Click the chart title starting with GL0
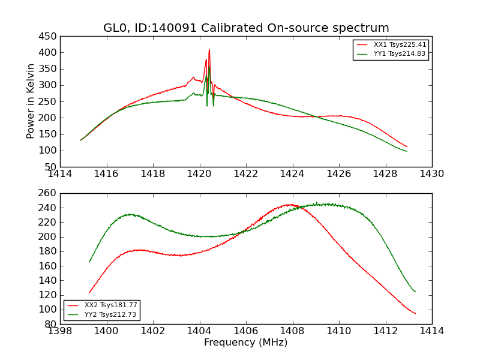point(246,28)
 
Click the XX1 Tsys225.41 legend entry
point(399,44)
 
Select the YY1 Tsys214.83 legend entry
point(399,53)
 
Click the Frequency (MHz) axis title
point(246,343)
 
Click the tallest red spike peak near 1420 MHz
point(209,50)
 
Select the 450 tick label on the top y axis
point(50,36)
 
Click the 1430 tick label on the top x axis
point(432,174)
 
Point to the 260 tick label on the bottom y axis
point(50,193)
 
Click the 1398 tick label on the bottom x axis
point(60,331)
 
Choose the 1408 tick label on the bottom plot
point(292,331)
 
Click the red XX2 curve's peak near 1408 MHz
point(291,205)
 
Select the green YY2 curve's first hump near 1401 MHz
point(130,214)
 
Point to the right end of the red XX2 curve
point(415,314)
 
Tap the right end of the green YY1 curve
point(406,151)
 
